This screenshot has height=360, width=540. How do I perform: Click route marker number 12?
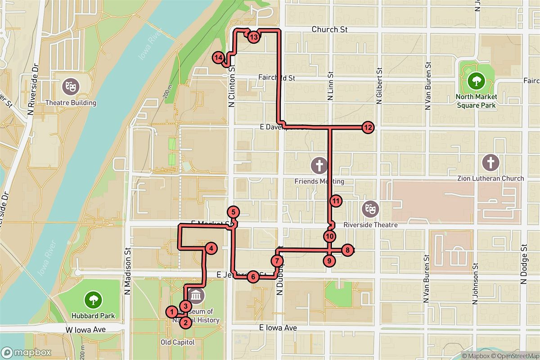368,127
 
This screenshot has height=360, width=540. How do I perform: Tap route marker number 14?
218,58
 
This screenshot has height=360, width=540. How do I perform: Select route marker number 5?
233,212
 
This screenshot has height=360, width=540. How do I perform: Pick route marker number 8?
347,250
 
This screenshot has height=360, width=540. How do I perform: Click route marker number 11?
336,201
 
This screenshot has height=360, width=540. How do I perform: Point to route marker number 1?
171,311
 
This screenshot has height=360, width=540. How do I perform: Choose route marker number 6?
254,277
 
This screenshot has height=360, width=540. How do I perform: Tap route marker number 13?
254,37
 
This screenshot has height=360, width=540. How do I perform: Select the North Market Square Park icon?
475,81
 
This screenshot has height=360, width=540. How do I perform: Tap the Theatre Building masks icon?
70,85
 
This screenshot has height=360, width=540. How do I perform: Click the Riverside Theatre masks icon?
370,208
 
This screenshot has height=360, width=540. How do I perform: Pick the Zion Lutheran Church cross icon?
490,162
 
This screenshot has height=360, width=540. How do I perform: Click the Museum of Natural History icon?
197,296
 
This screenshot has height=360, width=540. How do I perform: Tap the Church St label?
330,30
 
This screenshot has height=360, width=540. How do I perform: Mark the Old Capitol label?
178,342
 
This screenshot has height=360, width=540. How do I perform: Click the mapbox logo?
26,352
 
